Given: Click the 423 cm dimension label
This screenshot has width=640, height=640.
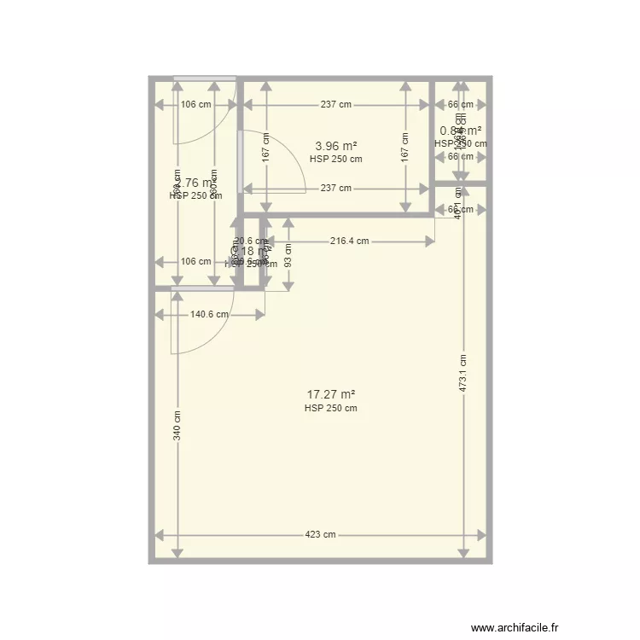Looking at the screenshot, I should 321,535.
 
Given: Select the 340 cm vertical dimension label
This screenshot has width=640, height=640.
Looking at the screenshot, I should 177,426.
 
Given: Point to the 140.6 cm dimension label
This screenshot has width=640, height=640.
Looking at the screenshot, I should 209,314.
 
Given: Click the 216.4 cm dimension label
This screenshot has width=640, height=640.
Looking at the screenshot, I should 350,241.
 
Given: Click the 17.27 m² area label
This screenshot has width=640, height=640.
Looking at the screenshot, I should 330,394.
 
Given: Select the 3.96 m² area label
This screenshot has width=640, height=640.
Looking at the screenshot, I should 335,145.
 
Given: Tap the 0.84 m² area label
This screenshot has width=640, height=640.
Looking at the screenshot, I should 460,131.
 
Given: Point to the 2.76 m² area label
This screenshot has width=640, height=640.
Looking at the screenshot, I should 195,183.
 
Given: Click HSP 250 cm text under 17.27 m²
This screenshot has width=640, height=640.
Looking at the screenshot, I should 330,408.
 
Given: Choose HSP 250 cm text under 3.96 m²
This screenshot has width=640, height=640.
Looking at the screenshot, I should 335,159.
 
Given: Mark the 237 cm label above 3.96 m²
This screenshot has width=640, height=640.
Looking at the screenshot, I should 335,105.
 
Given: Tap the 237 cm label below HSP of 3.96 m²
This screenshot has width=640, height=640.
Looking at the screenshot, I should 335,189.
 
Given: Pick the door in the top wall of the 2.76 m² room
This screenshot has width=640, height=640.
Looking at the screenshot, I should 205,79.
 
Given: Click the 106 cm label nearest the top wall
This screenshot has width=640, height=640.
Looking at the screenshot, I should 195,105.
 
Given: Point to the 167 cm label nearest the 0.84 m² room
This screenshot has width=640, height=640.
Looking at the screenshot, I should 404,146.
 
